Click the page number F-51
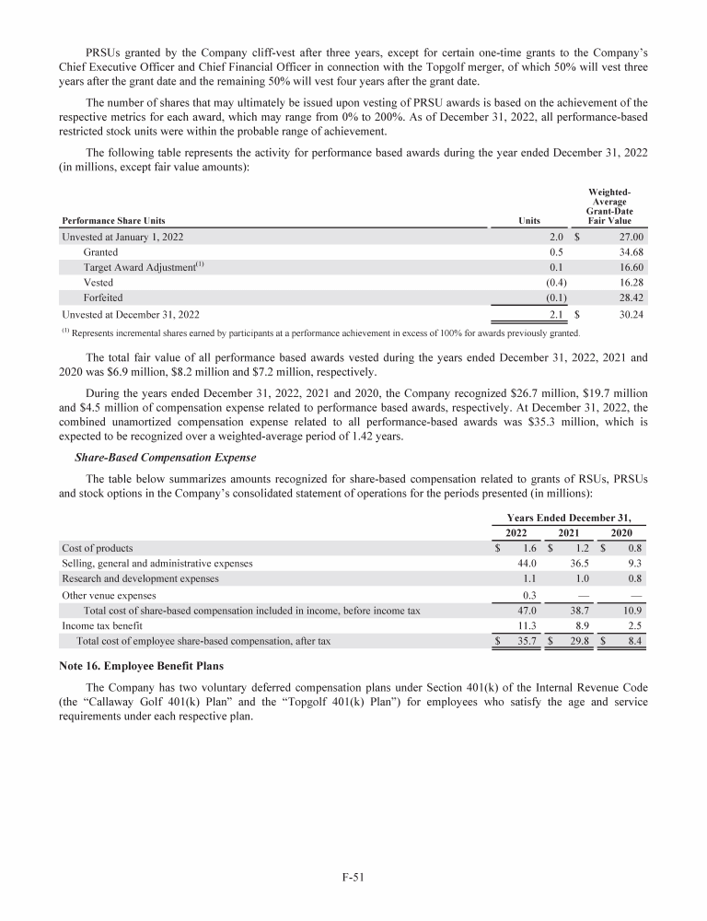353,877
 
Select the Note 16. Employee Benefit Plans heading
143,664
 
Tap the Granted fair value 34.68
628,251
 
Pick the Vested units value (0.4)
555,283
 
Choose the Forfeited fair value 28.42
628,297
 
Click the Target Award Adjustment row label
144,267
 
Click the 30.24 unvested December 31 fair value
628,314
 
